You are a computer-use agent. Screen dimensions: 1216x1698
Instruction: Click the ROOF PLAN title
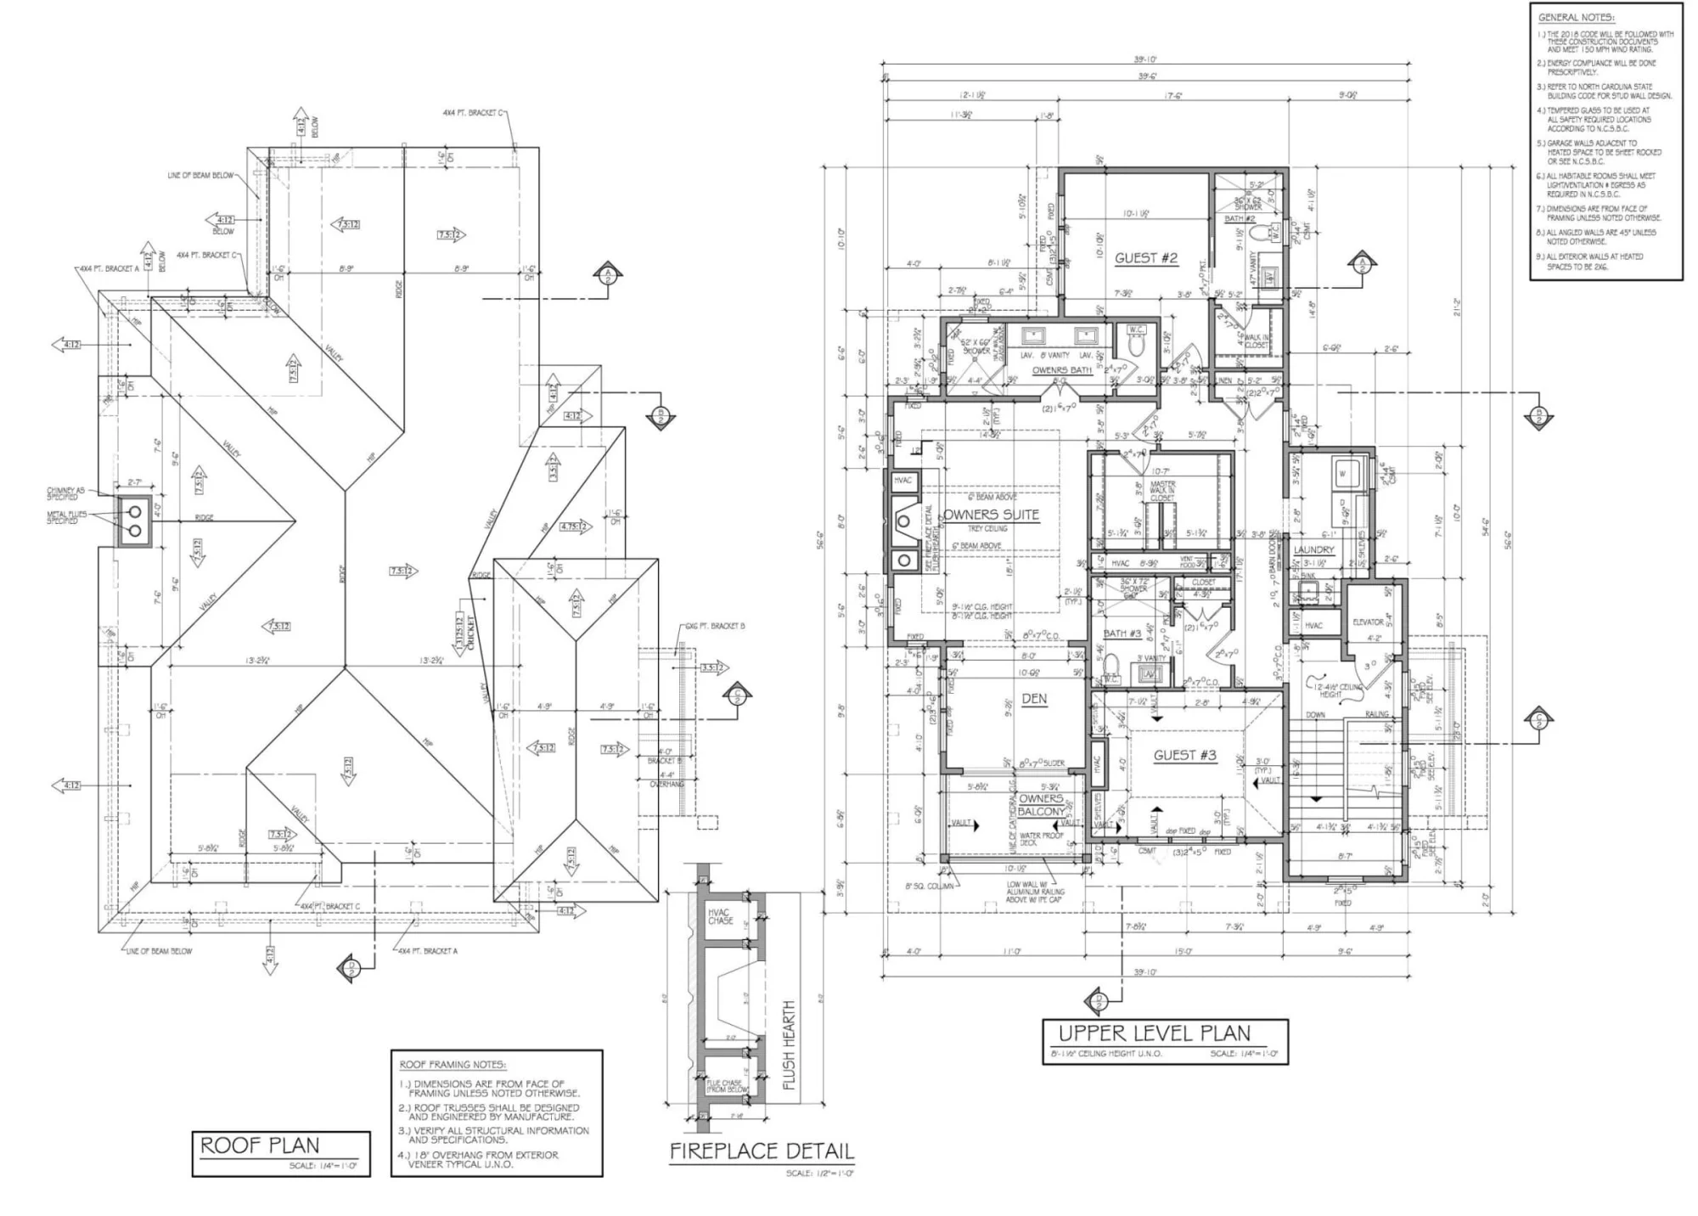pos(260,1146)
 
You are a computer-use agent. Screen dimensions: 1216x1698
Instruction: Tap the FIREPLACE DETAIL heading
pos(761,1151)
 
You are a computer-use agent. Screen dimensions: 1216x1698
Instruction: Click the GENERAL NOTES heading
pos(1576,18)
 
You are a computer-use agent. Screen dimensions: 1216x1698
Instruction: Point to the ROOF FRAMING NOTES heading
pos(453,1064)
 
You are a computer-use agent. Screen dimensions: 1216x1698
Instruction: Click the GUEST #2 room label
pos(1146,258)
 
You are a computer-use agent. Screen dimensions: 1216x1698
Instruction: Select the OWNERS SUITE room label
pos(992,515)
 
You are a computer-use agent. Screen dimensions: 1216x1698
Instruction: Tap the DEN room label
pos(1034,699)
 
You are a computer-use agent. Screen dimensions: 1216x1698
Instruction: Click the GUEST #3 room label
pos(1184,755)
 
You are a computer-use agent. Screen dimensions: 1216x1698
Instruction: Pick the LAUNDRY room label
pos(1313,550)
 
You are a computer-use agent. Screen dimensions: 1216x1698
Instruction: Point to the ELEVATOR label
pos(1368,622)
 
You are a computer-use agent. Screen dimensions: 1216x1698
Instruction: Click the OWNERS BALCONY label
pos(1041,805)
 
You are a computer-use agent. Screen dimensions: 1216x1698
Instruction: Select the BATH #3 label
pos(1122,633)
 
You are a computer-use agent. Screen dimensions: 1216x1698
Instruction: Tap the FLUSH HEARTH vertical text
pos(790,1044)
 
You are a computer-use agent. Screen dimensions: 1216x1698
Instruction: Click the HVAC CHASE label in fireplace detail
pos(721,916)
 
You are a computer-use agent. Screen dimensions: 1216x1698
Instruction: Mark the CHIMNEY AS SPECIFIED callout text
pos(65,493)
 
